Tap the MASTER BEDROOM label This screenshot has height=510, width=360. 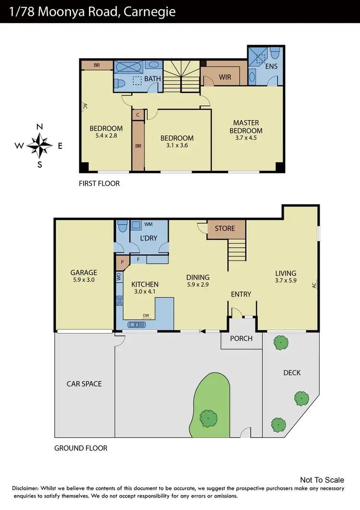click(x=246, y=127)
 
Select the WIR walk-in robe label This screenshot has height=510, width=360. click(x=225, y=77)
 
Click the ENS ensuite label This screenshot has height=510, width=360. click(x=271, y=66)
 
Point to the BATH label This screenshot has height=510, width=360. click(x=152, y=79)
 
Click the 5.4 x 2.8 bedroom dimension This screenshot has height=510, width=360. click(x=106, y=135)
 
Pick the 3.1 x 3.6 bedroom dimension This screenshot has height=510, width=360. click(x=177, y=146)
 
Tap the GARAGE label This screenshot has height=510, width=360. click(x=84, y=272)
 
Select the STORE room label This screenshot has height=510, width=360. click(x=225, y=228)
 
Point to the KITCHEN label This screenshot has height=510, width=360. click(x=144, y=284)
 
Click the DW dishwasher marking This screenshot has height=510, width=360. click(x=146, y=316)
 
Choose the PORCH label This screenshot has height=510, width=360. click(x=241, y=338)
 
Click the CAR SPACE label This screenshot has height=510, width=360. click(x=84, y=384)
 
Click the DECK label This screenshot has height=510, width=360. click(x=291, y=373)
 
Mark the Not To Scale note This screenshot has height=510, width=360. click(x=322, y=480)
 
